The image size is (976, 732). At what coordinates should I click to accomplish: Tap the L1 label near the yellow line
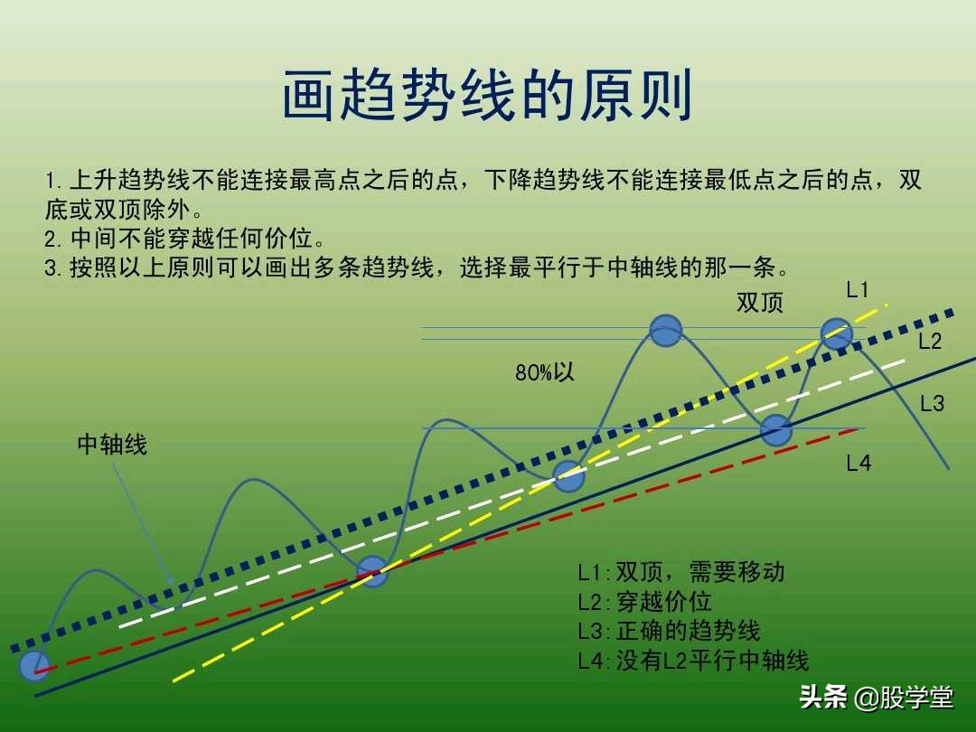pyautogui.click(x=858, y=290)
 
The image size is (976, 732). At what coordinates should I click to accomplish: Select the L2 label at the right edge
pyautogui.click(x=930, y=342)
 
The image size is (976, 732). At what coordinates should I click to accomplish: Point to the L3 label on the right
pyautogui.click(x=932, y=404)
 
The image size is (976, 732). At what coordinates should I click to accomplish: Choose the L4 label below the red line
pyautogui.click(x=859, y=464)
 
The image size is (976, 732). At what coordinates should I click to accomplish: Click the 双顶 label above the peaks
pyautogui.click(x=760, y=303)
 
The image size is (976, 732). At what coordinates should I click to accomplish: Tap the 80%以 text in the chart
pyautogui.click(x=545, y=372)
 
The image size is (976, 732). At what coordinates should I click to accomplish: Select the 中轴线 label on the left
pyautogui.click(x=112, y=445)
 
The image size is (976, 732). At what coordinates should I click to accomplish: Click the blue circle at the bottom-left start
pyautogui.click(x=34, y=665)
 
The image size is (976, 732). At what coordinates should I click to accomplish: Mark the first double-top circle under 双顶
pyautogui.click(x=666, y=331)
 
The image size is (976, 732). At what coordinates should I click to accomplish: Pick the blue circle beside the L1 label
pyautogui.click(x=836, y=333)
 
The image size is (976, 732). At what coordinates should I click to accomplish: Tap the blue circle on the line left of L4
pyautogui.click(x=775, y=430)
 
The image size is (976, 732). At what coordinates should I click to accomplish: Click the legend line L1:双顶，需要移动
pyautogui.click(x=681, y=572)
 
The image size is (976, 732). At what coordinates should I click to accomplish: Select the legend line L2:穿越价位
pyautogui.click(x=644, y=602)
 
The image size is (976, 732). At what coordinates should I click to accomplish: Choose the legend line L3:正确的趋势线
pyautogui.click(x=669, y=631)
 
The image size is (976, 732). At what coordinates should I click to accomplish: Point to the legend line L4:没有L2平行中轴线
pyautogui.click(x=693, y=661)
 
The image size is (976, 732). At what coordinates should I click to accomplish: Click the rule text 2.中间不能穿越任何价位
pyautogui.click(x=184, y=239)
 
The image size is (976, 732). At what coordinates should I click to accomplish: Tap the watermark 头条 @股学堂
pyautogui.click(x=876, y=698)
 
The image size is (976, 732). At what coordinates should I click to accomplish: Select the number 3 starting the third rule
pyautogui.click(x=51, y=268)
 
